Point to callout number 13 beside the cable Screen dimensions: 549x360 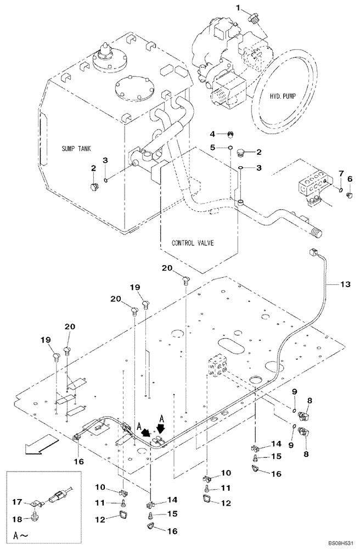[x=344, y=284]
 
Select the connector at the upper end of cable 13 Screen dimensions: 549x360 [x=313, y=254]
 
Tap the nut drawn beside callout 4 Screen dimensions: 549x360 [x=231, y=134]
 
